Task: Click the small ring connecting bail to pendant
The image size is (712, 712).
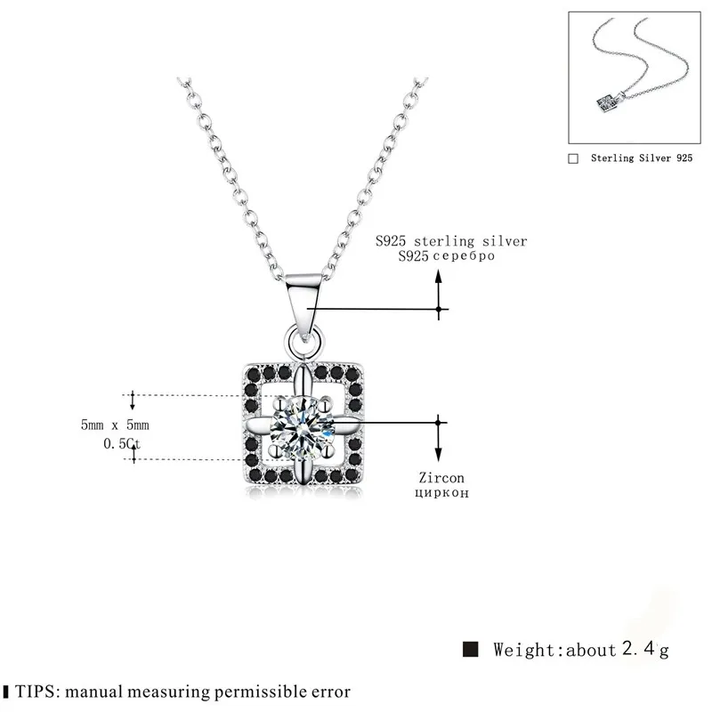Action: (306, 338)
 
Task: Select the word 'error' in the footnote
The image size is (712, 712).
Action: (328, 691)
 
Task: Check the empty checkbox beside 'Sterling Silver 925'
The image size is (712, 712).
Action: (573, 158)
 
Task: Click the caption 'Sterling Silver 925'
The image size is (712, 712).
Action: (641, 158)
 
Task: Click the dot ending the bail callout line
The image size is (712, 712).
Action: (439, 310)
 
